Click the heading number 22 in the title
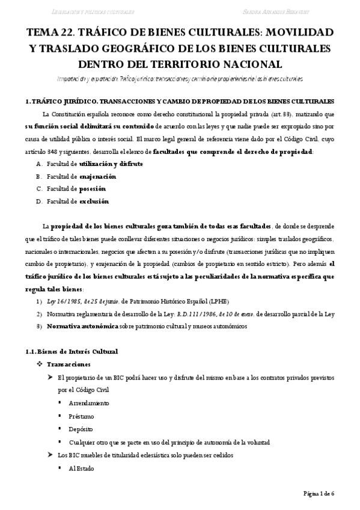[73, 31]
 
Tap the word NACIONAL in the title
[251, 63]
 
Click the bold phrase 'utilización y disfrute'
[111, 163]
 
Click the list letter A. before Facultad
[40, 163]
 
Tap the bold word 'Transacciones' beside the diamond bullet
[69, 364]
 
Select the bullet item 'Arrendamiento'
[89, 402]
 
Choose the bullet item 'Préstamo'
[82, 416]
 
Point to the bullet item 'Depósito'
[82, 429]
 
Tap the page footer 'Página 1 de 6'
[319, 493]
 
